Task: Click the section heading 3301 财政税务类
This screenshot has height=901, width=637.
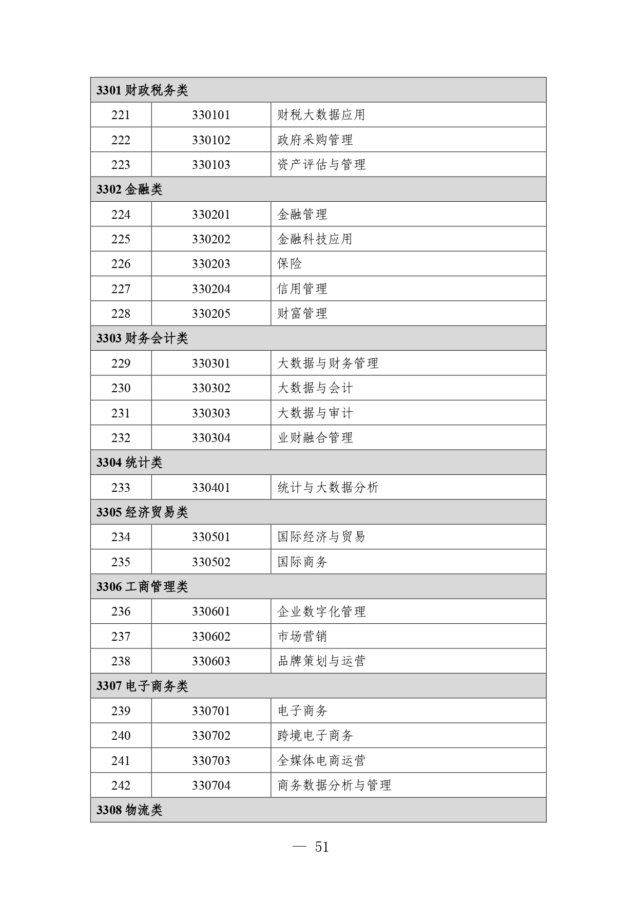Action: [142, 90]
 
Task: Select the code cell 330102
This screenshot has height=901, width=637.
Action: [211, 140]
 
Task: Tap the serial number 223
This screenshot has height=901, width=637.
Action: [121, 165]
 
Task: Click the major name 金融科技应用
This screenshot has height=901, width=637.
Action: [315, 239]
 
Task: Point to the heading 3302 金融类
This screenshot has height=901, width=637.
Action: [129, 189]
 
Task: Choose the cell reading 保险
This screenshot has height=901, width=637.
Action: [289, 264]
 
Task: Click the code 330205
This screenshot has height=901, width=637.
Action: [211, 314]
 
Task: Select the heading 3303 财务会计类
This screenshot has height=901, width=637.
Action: [142, 338]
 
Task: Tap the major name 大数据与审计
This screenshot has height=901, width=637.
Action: [315, 413]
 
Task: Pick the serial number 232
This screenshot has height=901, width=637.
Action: [121, 438]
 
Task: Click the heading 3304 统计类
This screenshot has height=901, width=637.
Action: [129, 463]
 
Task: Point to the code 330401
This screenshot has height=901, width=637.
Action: [211, 488]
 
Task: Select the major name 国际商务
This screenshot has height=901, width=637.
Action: [302, 562]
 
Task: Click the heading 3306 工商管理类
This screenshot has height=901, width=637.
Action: [142, 587]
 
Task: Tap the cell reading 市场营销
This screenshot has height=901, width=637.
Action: [302, 637]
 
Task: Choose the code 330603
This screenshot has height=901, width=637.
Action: [211, 661]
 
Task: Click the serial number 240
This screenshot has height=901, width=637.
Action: [121, 736]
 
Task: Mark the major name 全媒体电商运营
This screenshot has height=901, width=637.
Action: [321, 761]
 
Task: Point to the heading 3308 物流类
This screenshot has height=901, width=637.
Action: [129, 810]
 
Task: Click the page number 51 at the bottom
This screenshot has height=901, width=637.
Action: [321, 847]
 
